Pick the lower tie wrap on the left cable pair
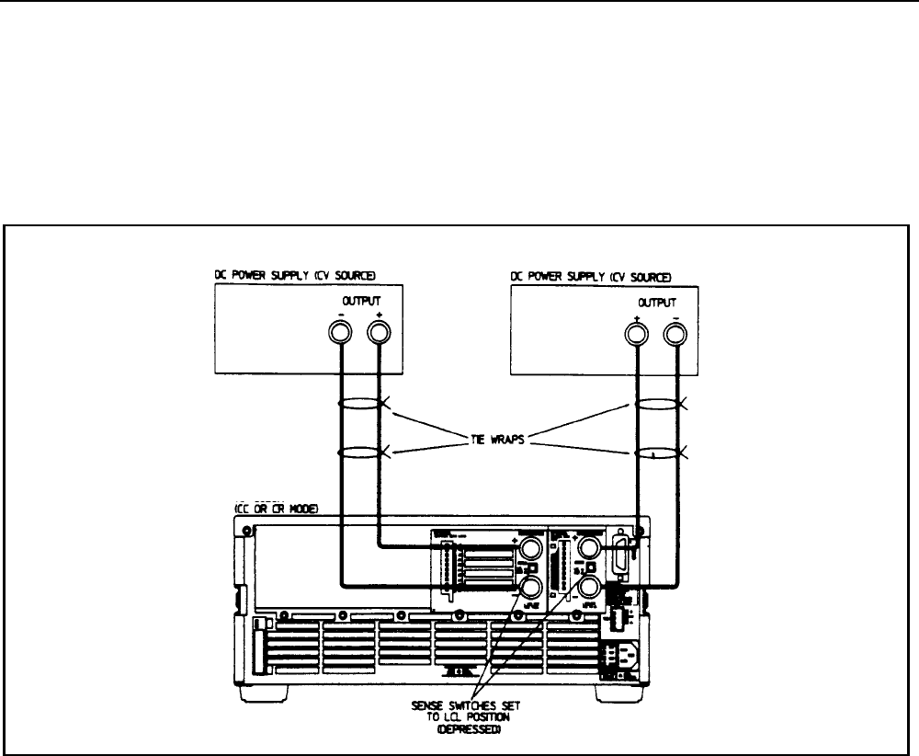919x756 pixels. (x=360, y=451)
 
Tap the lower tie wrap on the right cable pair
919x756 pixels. (x=658, y=451)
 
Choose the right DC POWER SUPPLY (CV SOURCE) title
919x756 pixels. (x=591, y=277)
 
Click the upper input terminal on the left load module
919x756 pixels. (x=529, y=550)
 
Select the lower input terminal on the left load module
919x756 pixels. (x=529, y=587)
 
